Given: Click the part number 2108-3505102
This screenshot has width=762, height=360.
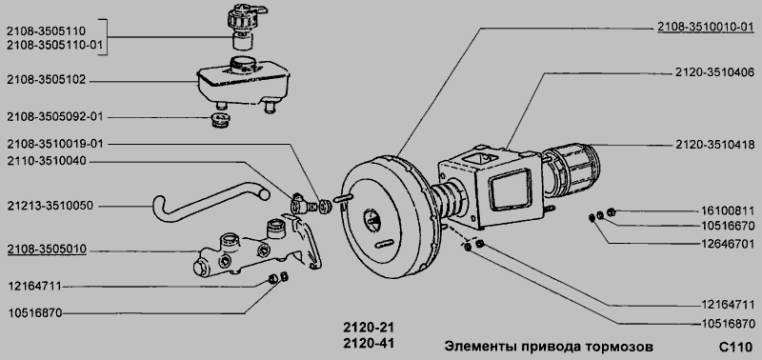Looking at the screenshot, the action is click(x=46, y=80).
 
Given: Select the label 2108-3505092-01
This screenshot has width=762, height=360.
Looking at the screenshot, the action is click(x=55, y=117).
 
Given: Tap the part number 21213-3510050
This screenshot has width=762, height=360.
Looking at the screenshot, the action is click(x=50, y=206).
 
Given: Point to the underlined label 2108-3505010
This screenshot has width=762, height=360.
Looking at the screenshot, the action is click(x=46, y=250).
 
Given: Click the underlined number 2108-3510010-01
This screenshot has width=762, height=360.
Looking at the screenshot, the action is click(x=706, y=27).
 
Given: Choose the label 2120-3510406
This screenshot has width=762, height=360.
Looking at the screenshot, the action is click(x=714, y=73).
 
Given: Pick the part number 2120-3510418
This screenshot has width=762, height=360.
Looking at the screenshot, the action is click(x=714, y=145).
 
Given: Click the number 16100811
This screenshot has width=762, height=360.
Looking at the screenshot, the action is click(x=728, y=210).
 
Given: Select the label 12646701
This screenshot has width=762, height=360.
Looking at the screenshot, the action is click(x=728, y=243).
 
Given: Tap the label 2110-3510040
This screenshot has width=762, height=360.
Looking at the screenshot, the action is click(x=46, y=161).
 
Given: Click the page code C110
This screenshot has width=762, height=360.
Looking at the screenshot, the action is click(x=735, y=348).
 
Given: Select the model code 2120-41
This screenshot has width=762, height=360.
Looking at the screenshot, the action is click(x=369, y=344).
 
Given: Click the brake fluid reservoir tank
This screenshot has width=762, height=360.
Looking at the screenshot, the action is click(x=243, y=84).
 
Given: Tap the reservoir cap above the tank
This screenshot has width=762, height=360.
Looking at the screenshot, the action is click(x=244, y=26).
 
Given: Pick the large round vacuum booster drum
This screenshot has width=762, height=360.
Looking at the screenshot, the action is click(x=388, y=216).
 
